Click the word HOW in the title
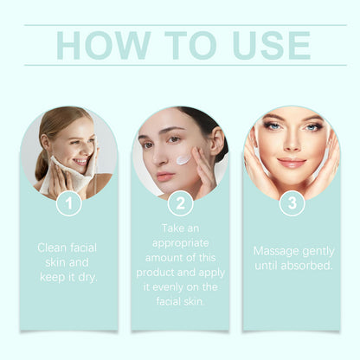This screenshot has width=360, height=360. point(103,45)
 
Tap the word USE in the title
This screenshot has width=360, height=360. point(272,45)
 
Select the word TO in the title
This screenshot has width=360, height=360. point(190,45)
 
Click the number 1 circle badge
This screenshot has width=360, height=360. point(69,203)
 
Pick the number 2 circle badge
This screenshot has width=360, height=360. point(180,203)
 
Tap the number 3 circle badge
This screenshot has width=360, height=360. point(292,202)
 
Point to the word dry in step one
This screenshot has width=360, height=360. point(87,277)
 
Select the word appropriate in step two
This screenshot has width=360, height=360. point(180,243)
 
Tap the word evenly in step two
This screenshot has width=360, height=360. point(168,287)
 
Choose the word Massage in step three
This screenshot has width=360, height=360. point(272,252)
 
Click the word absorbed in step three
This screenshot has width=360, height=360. point(306,266)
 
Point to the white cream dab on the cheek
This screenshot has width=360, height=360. point(183,159)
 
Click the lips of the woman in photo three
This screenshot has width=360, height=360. point(292,163)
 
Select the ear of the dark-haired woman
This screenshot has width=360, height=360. point(217,140)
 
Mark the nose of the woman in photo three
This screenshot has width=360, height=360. point(292,144)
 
